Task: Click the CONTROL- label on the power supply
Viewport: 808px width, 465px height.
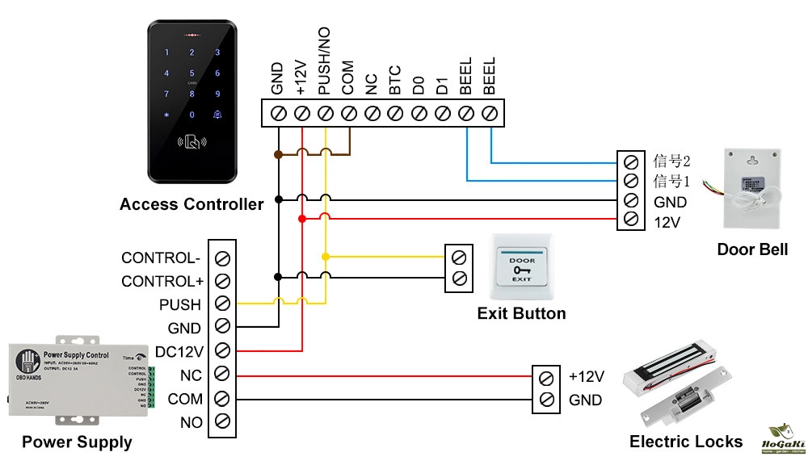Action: click(x=160, y=258)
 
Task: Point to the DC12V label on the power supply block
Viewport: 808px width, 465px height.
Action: click(x=179, y=352)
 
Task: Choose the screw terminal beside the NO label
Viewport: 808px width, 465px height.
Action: click(x=221, y=421)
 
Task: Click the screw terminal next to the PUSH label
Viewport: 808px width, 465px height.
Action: click(x=221, y=304)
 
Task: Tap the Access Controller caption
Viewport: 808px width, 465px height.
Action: click(x=191, y=204)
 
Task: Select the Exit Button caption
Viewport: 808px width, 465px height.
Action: click(x=521, y=313)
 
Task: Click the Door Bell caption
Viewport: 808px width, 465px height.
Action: click(x=752, y=249)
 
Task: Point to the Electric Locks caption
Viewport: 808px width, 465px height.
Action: click(x=686, y=442)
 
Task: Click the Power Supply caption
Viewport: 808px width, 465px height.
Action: click(x=77, y=442)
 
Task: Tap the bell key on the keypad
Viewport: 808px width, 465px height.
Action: click(x=217, y=114)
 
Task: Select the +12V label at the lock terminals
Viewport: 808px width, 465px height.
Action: click(x=587, y=376)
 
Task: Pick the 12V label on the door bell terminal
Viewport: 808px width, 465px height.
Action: click(x=667, y=220)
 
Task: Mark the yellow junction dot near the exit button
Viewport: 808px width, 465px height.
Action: click(x=326, y=257)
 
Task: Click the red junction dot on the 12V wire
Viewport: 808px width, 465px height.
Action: click(x=302, y=219)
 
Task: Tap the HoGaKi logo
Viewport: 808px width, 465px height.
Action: click(x=783, y=440)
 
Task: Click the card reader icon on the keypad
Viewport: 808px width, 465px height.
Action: click(x=191, y=144)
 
